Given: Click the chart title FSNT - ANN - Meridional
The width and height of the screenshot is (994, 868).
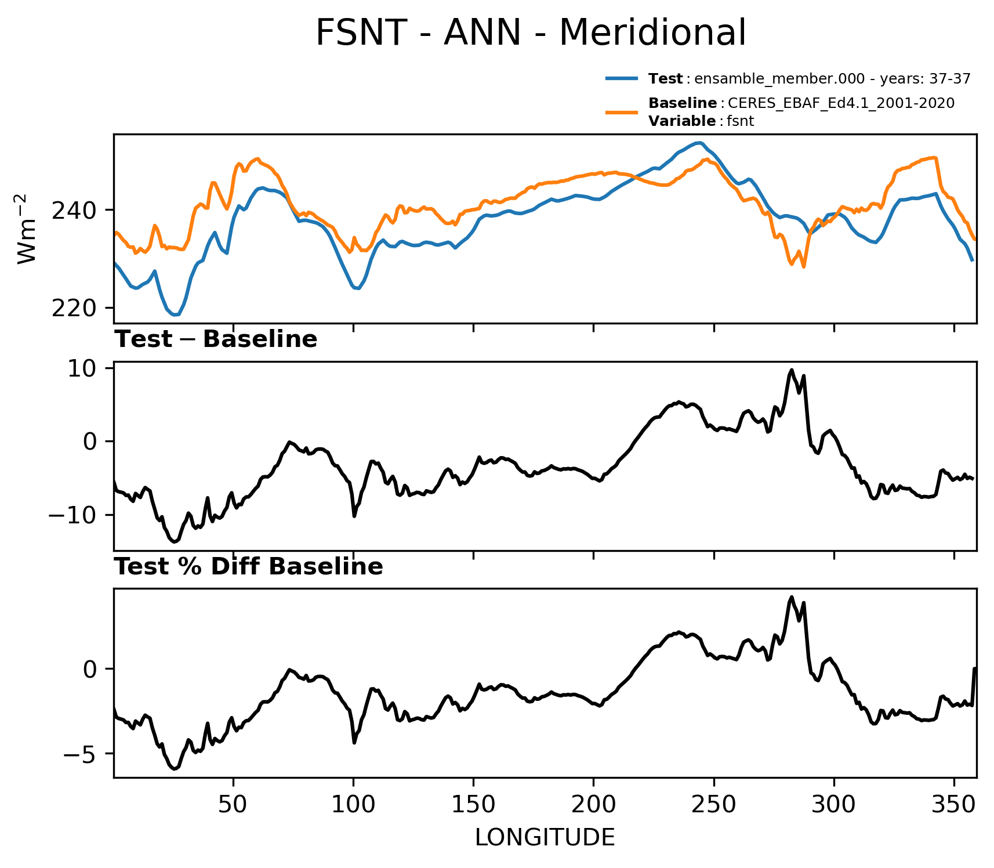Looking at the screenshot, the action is [x=531, y=32].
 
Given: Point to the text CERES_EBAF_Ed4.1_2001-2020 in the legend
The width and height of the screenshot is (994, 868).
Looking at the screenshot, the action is [x=841, y=103].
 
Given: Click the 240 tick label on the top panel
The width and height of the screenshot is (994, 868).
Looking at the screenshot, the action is [x=74, y=210].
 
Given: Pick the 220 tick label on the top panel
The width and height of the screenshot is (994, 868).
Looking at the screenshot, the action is [x=74, y=308].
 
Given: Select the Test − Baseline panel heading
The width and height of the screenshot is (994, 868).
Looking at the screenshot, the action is [x=216, y=339].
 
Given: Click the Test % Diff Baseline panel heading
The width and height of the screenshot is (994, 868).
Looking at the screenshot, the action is [x=249, y=567].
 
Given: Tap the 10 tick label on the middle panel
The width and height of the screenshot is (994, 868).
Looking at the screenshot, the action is [x=82, y=369].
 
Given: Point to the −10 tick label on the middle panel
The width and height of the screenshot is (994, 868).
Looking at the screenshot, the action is [x=74, y=515].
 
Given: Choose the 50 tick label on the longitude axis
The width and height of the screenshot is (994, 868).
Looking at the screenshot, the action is [x=233, y=805].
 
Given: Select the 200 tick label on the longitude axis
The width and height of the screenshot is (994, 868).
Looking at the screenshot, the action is [x=593, y=805].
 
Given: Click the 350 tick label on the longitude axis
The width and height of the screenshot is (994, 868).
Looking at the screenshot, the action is [x=954, y=805].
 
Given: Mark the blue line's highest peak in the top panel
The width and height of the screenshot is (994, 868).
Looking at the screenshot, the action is [x=701, y=142].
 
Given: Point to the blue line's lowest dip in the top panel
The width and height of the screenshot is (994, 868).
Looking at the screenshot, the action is [x=176, y=315].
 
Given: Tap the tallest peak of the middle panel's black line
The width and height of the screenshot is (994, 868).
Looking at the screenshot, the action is [x=791, y=370].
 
